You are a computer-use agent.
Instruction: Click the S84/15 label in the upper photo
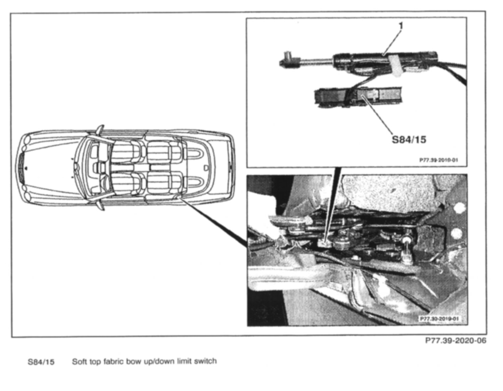click(x=409, y=139)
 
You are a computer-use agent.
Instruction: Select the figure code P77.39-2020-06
click(x=455, y=341)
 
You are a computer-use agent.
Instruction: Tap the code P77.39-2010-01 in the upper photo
click(x=438, y=160)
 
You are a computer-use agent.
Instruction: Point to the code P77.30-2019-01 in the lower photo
click(x=439, y=319)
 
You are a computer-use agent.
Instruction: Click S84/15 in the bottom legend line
click(x=41, y=362)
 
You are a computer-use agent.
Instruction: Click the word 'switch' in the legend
click(x=205, y=361)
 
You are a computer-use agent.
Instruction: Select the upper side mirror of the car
click(x=100, y=129)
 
